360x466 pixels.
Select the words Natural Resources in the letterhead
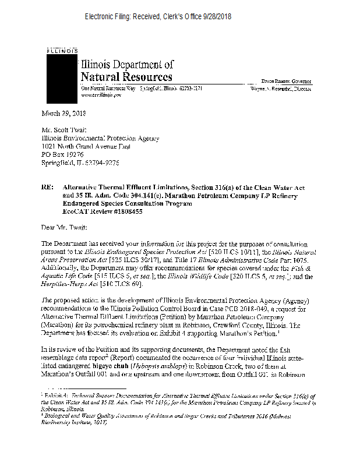pos(126,77)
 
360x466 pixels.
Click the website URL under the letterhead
pos(100,93)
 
